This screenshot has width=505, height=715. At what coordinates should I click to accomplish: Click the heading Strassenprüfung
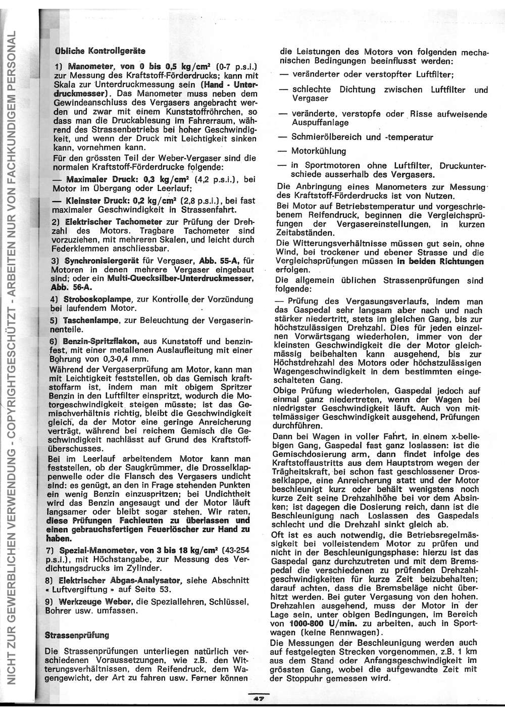[77, 634]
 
